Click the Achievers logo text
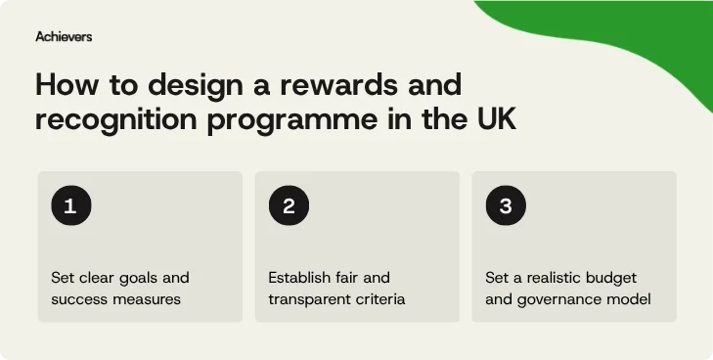(64, 36)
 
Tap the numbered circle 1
(70, 206)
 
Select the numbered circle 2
(289, 206)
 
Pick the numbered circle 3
(506, 206)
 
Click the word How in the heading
(63, 85)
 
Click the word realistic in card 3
(557, 278)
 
